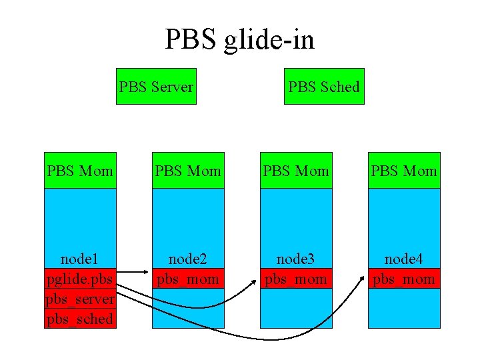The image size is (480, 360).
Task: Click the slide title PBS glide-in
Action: tap(240, 40)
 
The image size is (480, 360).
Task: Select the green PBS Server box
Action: tap(157, 87)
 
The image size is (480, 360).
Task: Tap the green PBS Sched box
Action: tap(324, 87)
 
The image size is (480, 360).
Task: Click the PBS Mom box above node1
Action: tap(80, 171)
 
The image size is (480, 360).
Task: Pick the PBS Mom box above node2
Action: tap(188, 171)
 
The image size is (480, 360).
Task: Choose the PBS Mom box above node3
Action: tap(296, 171)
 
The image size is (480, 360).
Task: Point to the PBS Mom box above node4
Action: tap(404, 171)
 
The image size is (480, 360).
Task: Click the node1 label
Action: tap(80, 259)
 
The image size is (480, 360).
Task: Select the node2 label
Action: tap(188, 259)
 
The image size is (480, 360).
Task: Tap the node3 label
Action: tap(296, 259)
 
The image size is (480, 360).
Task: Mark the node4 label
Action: tap(404, 259)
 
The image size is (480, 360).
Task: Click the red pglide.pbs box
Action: tap(80, 279)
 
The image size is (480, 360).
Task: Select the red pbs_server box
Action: tap(80, 299)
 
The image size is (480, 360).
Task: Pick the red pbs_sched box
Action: tap(80, 319)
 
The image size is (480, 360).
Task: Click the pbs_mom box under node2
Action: tap(188, 279)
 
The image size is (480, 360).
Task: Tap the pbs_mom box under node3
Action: tap(296, 279)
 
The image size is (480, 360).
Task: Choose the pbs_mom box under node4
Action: tap(404, 279)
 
